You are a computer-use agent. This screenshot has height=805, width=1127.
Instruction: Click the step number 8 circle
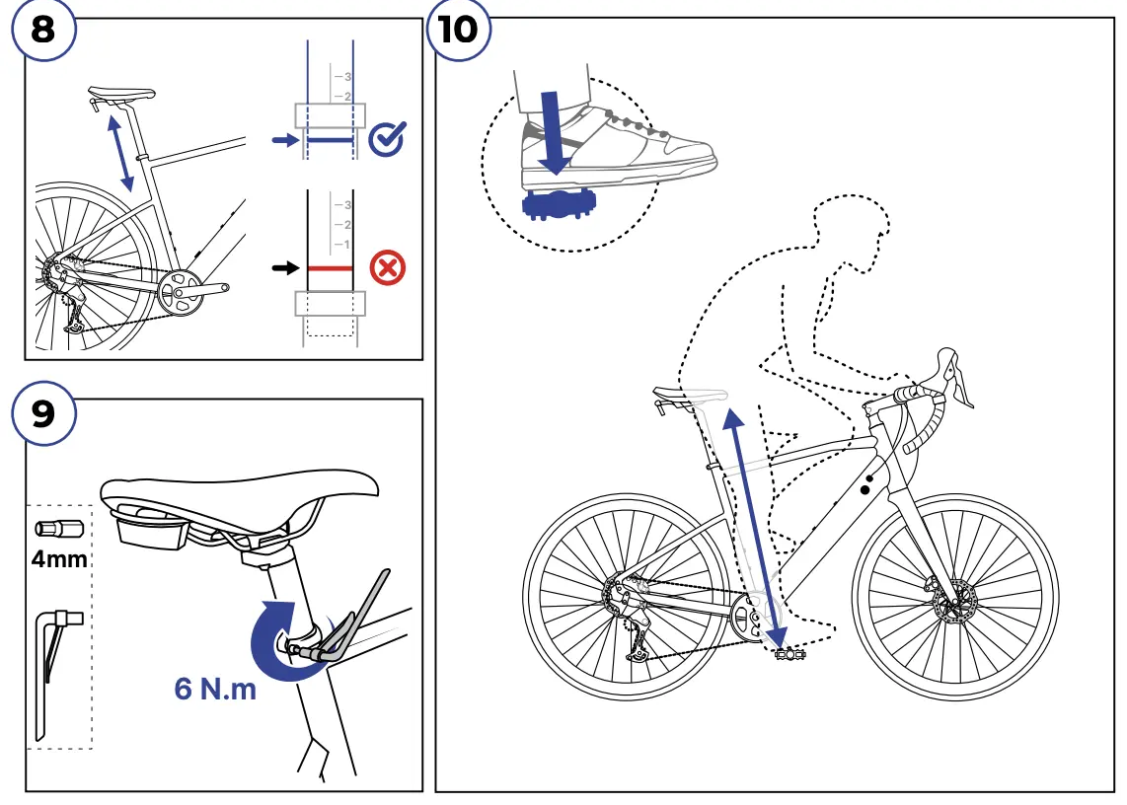click(x=42, y=30)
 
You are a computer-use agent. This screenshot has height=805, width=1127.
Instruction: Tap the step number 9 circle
click(x=43, y=413)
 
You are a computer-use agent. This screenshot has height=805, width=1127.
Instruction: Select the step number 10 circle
click(x=457, y=30)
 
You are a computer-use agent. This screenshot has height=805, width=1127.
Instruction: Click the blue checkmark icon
click(x=386, y=141)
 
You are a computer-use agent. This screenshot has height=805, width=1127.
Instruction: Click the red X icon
click(x=387, y=267)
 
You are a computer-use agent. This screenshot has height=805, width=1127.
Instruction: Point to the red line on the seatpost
click(x=330, y=267)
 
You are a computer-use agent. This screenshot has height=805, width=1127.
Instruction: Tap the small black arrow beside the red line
click(x=284, y=267)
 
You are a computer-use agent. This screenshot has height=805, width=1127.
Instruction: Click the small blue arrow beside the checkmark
click(x=283, y=142)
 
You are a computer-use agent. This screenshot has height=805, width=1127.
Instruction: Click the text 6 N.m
click(x=215, y=689)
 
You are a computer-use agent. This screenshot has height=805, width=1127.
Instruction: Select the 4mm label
click(x=59, y=560)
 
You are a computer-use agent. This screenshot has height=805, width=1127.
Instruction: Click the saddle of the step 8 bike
click(x=122, y=95)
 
